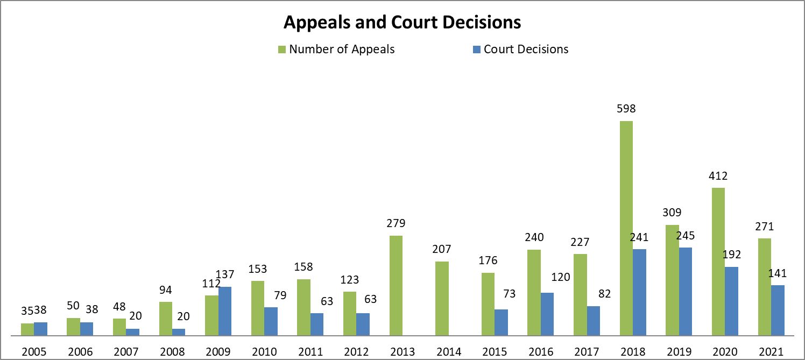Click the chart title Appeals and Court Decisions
coord(402,23)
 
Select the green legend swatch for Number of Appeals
coord(281,50)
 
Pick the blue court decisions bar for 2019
coord(685,291)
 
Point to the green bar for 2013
coord(396,285)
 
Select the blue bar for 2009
coord(225,311)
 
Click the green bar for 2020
coord(718,262)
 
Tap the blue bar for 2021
coord(778,310)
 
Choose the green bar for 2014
coord(442,298)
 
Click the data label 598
coord(626,109)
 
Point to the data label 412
coord(718,175)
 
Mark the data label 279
coord(396,223)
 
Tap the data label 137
coord(224,274)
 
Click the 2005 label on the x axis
coord(34,352)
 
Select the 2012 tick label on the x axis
coord(357,352)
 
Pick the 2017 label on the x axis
coord(587,352)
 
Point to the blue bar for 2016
coord(547,314)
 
